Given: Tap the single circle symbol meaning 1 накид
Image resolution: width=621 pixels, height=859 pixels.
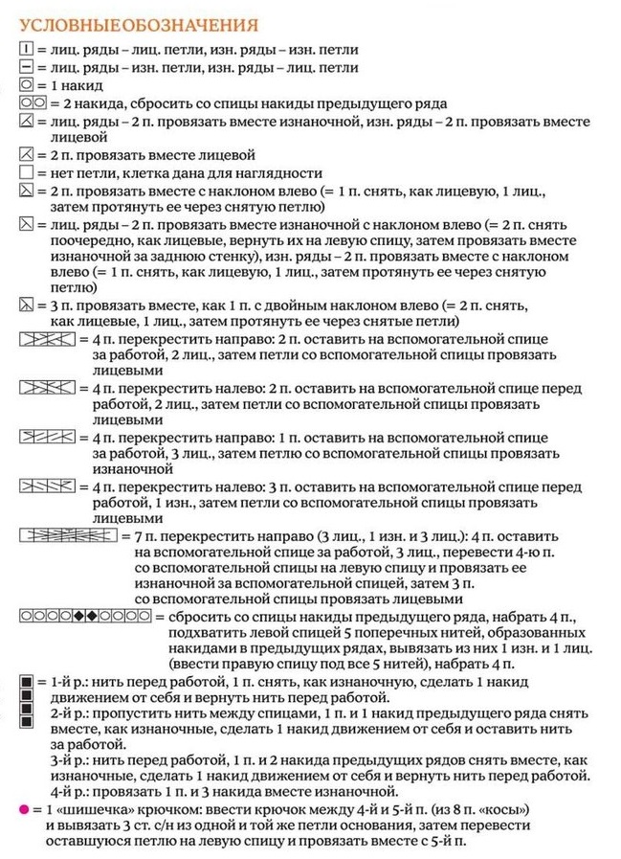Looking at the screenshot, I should pos(26,85).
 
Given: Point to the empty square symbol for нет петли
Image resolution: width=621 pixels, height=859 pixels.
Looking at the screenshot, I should pos(26,172).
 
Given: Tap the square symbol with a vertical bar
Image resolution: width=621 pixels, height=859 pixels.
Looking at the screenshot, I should pos(26,48).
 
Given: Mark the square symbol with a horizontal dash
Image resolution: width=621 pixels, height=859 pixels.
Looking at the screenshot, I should pos(26,67).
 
